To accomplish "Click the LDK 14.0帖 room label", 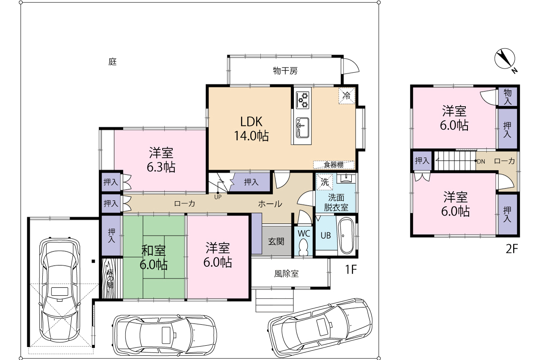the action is pyautogui.click(x=252, y=129).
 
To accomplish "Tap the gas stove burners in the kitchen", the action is pyautogui.click(x=302, y=100).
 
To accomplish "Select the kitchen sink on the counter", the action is pyautogui.click(x=302, y=128).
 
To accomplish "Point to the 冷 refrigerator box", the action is pyautogui.click(x=347, y=96).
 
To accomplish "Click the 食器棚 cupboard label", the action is pyautogui.click(x=333, y=165).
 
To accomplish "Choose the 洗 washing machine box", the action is pyautogui.click(x=325, y=182).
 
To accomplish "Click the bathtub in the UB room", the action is pyautogui.click(x=346, y=235).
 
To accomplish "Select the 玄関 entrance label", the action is pyautogui.click(x=276, y=241).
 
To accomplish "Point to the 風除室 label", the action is pyautogui.click(x=286, y=274).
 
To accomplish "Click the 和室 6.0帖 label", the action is pyautogui.click(x=153, y=258).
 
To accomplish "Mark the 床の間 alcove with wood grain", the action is pyautogui.click(x=111, y=279).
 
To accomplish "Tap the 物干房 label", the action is pyautogui.click(x=285, y=70).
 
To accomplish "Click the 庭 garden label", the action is pyautogui.click(x=113, y=62).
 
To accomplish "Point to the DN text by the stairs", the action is pyautogui.click(x=481, y=162).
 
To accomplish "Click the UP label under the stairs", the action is pyautogui.click(x=218, y=197).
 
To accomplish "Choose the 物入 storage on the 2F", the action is pyautogui.click(x=507, y=97).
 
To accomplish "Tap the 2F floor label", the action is pyautogui.click(x=512, y=249).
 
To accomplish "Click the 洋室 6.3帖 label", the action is pyautogui.click(x=161, y=159).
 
